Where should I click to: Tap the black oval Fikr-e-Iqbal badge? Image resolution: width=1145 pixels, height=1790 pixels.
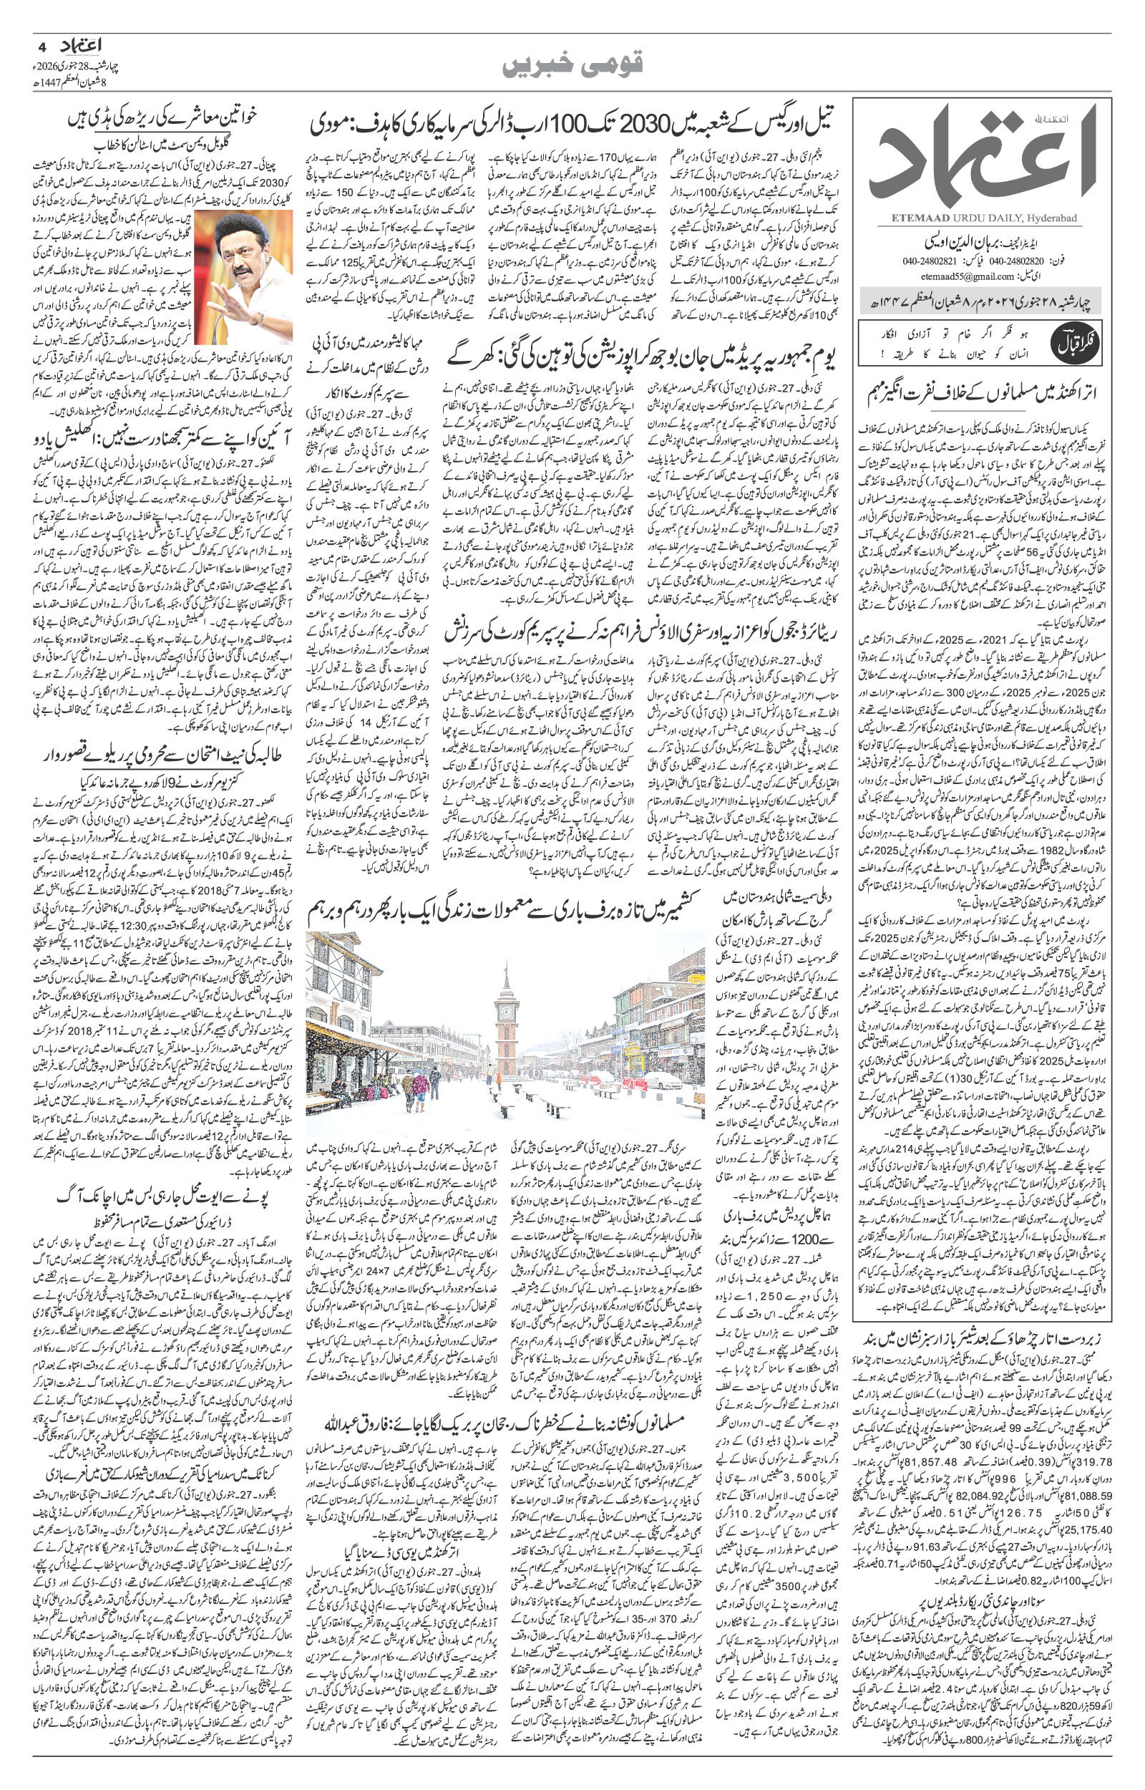point(1066,343)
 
